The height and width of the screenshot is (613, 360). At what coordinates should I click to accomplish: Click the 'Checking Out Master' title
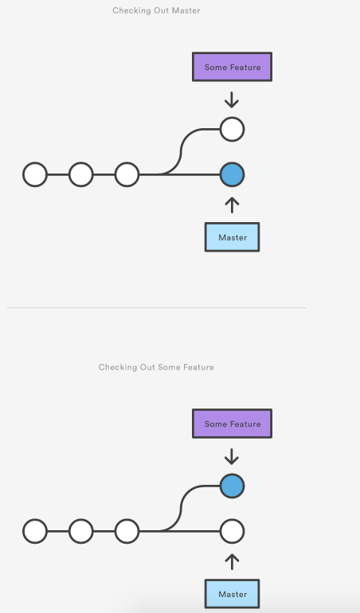coord(156,10)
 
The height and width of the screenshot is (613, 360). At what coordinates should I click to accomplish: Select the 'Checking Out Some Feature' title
coord(156,367)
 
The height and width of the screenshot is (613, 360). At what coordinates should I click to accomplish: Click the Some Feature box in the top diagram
coord(232,67)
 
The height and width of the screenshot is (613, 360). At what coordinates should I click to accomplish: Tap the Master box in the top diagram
coord(232,237)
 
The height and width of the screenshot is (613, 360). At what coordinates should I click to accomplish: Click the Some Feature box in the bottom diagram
coord(232,424)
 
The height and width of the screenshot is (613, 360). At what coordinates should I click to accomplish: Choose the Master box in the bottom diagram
coord(232,594)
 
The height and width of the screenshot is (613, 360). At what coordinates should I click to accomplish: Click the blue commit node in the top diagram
coord(232,174)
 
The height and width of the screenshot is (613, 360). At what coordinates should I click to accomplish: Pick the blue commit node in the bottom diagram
coord(232,486)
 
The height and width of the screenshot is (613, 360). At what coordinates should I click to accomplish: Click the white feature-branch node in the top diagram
coord(232,130)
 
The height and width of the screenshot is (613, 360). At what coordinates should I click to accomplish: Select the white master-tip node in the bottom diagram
coord(232,531)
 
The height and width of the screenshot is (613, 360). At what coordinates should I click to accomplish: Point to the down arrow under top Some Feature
coord(232,100)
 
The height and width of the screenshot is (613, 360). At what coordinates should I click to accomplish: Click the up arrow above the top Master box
coord(232,205)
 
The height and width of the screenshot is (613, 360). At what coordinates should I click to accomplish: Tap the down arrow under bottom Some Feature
coord(232,457)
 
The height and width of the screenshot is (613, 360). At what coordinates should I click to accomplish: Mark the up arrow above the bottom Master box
coord(232,562)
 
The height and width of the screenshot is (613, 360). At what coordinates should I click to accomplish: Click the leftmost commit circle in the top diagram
coord(35,174)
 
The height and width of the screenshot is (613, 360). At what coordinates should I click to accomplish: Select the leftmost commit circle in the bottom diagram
coord(35,531)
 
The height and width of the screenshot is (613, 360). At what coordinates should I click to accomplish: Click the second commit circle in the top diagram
coord(81,174)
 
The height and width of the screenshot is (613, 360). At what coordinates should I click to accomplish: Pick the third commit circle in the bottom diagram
coord(127,531)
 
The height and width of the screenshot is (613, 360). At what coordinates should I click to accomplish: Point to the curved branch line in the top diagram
coord(181,152)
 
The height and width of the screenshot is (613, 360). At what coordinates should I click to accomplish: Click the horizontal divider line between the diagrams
coord(157,307)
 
